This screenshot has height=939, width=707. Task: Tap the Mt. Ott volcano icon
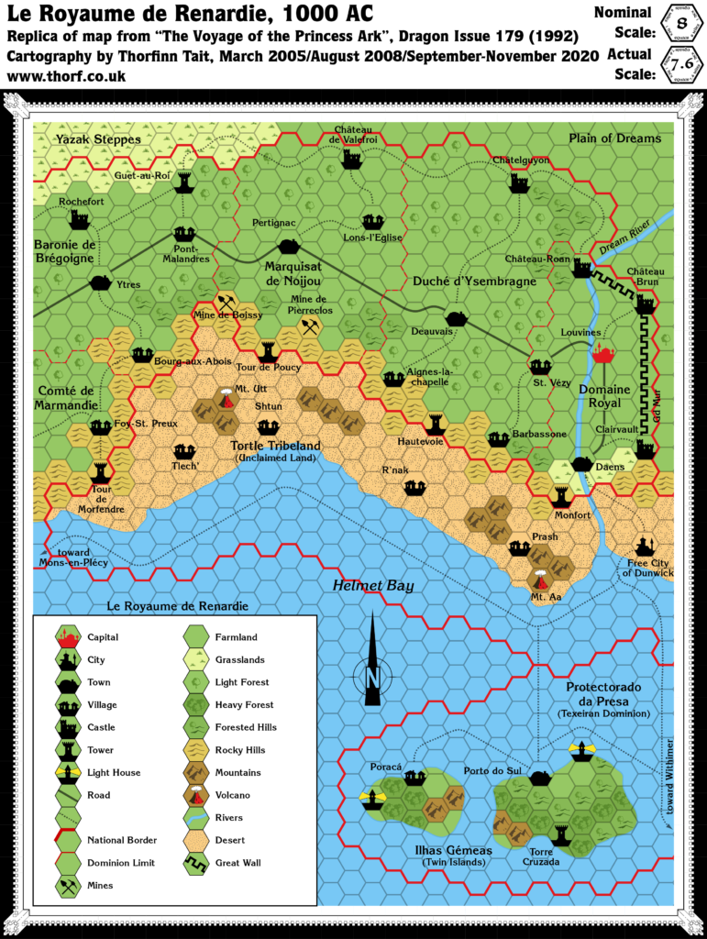tap(226, 399)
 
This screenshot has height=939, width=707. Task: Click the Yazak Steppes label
tap(98, 139)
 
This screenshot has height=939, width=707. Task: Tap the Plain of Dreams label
tap(614, 138)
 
